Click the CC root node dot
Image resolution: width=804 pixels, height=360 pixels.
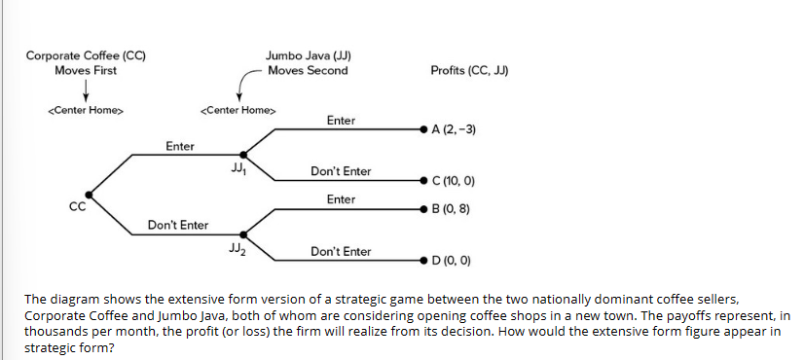tap(89, 194)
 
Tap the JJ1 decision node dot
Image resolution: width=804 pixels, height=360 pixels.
tap(243, 152)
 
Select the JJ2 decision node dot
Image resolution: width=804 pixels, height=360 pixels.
tap(243, 234)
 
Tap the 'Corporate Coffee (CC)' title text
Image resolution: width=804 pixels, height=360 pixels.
tap(87, 55)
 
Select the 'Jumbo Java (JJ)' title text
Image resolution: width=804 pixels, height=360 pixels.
tap(308, 55)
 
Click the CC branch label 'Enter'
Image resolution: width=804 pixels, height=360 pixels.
tap(179, 146)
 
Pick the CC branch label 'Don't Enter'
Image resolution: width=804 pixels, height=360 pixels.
tap(178, 226)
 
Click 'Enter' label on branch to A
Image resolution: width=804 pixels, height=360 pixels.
tap(341, 121)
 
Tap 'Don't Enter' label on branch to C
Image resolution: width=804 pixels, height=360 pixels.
tap(341, 171)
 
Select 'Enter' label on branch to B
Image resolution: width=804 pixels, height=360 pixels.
tap(341, 198)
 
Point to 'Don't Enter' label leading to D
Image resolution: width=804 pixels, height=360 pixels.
tap(341, 251)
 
